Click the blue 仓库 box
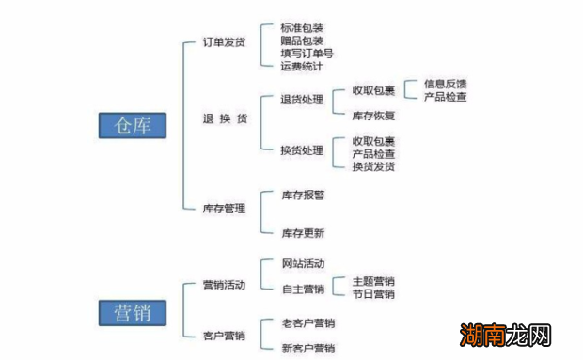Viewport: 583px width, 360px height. (132, 126)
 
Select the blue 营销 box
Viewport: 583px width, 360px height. (132, 311)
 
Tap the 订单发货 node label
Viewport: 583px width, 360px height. (225, 43)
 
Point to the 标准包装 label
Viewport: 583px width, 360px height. (302, 29)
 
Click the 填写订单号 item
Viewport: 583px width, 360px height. (307, 54)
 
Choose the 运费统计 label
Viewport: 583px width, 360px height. (302, 66)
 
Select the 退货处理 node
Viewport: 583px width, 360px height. (302, 99)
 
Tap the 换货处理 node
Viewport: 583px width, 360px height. (302, 150)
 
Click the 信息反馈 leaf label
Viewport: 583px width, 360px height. (445, 84)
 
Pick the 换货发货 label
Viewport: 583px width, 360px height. (373, 166)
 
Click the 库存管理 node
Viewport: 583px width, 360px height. (225, 208)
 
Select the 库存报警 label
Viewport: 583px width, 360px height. (303, 195)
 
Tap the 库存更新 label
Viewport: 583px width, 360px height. (303, 232)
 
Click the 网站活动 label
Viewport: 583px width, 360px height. (303, 263)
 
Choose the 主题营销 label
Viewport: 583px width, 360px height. (373, 281)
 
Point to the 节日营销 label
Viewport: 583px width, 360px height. (373, 294)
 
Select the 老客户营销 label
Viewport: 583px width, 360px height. (308, 323)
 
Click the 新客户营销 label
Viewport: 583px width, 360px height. (308, 349)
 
